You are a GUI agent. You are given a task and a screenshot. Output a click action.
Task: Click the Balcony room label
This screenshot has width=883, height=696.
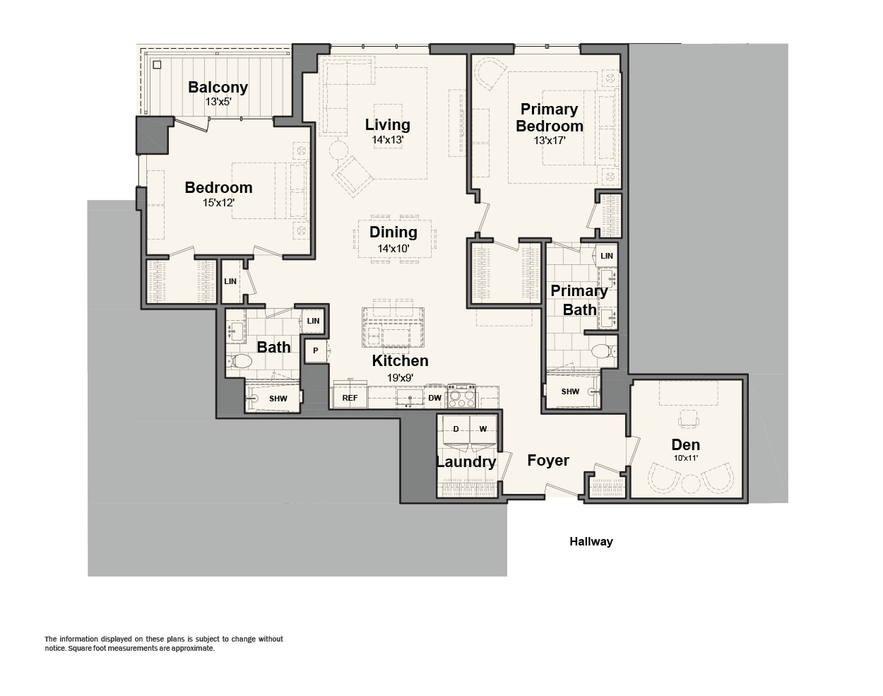[218, 88]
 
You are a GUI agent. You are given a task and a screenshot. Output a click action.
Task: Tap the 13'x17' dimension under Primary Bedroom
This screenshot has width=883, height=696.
[550, 141]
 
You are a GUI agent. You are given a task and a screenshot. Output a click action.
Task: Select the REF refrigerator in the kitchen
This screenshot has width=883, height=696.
[350, 397]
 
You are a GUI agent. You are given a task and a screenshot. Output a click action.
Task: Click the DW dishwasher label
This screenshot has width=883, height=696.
[434, 398]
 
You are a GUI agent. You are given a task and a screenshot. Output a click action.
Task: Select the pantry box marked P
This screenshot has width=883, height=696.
[316, 350]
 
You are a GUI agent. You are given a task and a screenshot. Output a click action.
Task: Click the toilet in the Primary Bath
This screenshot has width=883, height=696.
[603, 351]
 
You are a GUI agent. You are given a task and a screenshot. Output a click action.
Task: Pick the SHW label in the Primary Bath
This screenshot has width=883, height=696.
[570, 391]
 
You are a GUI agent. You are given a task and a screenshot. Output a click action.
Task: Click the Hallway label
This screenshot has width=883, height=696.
[591, 542]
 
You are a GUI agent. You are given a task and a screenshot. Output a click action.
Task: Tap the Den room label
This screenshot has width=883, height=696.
[686, 444]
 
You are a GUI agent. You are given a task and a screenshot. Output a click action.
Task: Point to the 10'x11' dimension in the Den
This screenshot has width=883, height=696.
[686, 458]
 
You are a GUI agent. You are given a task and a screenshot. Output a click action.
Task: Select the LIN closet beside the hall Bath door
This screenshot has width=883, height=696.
[313, 321]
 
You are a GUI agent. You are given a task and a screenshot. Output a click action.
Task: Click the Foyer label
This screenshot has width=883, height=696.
[547, 461]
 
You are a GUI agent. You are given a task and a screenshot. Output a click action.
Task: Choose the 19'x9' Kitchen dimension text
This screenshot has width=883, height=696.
[400, 377]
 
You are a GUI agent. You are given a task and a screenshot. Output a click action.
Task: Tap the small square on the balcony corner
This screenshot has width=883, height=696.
[157, 65]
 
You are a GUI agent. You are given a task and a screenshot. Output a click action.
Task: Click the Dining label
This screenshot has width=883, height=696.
[393, 232]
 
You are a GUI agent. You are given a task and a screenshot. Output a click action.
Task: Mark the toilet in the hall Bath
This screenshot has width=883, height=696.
[239, 362]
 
